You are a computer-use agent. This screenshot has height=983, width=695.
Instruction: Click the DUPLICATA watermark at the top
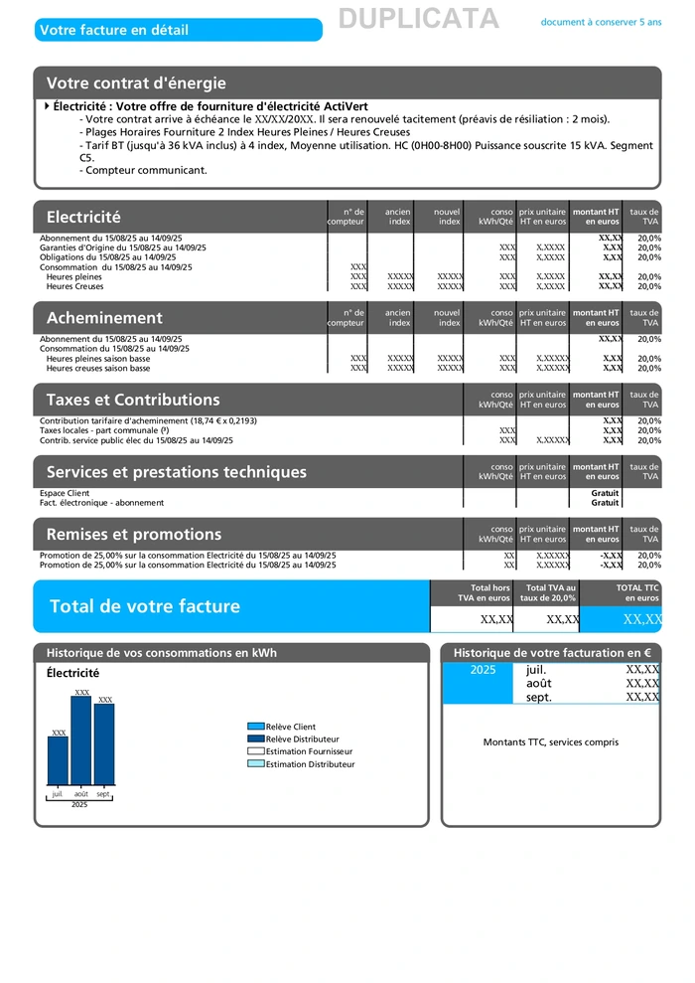pos(418,19)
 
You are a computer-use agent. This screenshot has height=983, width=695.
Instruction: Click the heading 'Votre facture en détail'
pos(114,30)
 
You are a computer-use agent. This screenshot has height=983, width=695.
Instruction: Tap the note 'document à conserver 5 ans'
pos(601,22)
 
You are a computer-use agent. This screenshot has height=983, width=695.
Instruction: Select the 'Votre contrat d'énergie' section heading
pos(136,83)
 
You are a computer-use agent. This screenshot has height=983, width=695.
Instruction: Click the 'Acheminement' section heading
pos(104,318)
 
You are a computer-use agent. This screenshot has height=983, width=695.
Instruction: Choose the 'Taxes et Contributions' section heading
pos(133,400)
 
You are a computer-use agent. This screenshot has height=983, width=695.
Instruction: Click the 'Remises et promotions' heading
pos(134,534)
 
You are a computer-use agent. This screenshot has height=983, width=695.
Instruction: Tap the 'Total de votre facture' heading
pos(145,606)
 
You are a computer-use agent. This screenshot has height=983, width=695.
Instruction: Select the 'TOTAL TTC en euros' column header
pos(636,593)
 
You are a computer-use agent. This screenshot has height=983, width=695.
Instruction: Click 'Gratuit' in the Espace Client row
pos(605,493)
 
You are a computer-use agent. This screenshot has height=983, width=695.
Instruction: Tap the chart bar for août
pos(81,740)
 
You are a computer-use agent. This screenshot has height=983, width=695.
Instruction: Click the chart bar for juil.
pos(58,760)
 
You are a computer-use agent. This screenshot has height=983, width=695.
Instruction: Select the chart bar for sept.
pos(104,744)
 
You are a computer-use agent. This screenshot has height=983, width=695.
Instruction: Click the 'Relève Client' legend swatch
pos(255,727)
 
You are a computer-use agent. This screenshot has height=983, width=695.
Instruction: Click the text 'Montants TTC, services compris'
pos(551,742)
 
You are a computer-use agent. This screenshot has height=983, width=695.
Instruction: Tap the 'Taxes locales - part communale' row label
pos(111,430)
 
